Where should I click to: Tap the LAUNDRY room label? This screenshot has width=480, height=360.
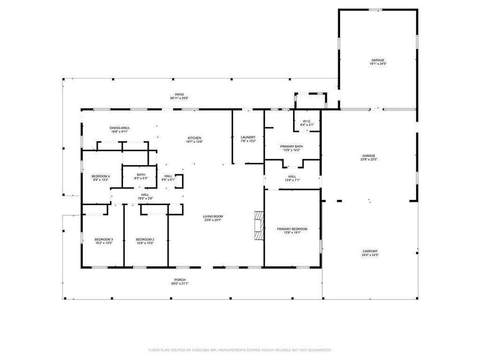coord(248,137)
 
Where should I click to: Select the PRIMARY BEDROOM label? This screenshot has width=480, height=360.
coord(292,229)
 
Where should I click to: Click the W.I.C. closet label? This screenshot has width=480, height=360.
coord(307,121)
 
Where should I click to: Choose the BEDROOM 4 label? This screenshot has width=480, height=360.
coord(100,176)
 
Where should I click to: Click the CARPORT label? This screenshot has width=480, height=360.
coord(370,251)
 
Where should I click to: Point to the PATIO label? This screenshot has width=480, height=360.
coord(179,94)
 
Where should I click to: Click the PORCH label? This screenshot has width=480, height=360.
coord(180,280)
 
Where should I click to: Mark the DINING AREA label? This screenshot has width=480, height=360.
coord(119,128)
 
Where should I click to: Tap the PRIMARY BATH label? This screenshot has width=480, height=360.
coord(291,146)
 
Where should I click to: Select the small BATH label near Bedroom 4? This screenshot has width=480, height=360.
coord(141,174)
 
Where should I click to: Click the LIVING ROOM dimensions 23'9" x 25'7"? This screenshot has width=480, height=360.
coord(213,220)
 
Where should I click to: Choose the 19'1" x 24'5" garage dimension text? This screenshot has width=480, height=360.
coord(378,64)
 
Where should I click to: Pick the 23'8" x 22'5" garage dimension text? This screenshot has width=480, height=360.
coord(369,159)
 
